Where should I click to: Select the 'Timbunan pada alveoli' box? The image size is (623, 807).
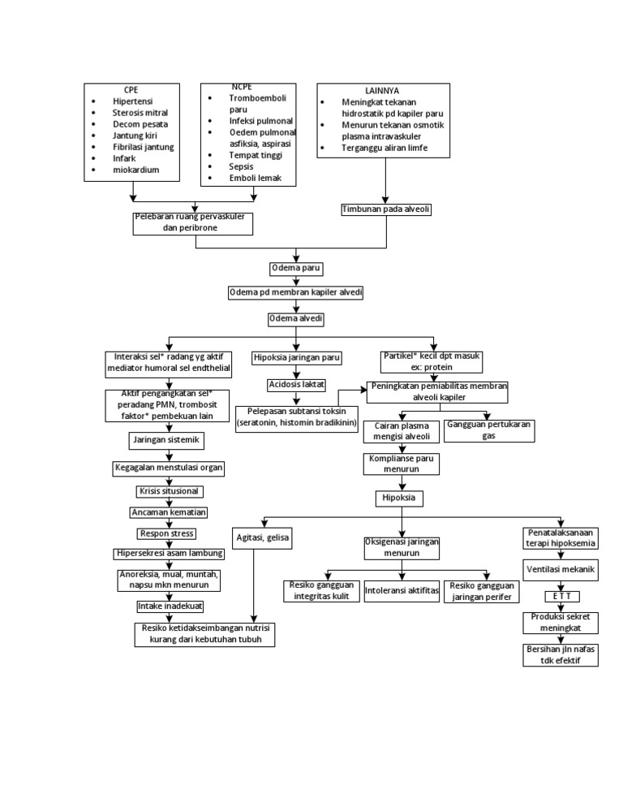(x=385, y=209)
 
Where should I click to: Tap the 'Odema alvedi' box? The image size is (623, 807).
(x=296, y=319)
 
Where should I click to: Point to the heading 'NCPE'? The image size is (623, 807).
(x=242, y=86)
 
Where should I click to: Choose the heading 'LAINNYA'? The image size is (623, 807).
(x=382, y=90)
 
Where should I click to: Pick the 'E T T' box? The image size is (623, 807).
(x=561, y=597)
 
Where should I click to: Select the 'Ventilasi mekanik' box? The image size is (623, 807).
(x=561, y=569)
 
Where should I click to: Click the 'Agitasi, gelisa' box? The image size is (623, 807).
(x=262, y=537)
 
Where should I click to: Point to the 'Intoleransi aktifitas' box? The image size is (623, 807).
(x=402, y=590)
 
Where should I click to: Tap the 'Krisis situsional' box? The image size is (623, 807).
(x=168, y=491)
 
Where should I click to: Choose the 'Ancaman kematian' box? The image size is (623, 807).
(x=169, y=512)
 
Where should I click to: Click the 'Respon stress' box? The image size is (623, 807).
(x=168, y=533)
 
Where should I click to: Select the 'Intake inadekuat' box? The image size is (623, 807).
(x=170, y=606)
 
